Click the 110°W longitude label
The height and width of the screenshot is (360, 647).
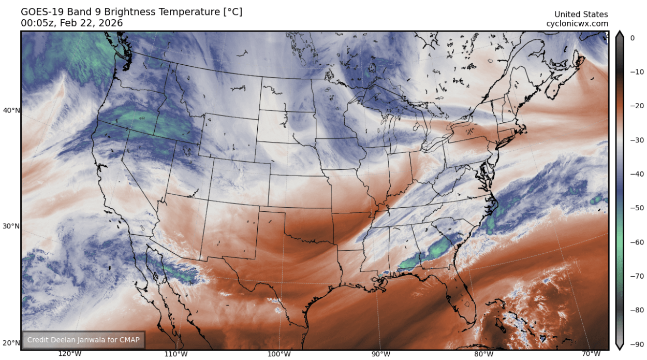(x=175, y=354)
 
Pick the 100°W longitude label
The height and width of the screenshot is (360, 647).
(x=279, y=354)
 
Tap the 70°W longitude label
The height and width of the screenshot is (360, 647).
(x=590, y=354)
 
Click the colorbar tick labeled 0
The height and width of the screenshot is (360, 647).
(x=632, y=38)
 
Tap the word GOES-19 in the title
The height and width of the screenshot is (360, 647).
(x=41, y=11)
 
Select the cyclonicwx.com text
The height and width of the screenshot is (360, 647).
(x=577, y=24)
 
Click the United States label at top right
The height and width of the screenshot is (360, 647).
(x=581, y=15)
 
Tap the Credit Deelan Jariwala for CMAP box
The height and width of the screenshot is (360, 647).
(x=83, y=340)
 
